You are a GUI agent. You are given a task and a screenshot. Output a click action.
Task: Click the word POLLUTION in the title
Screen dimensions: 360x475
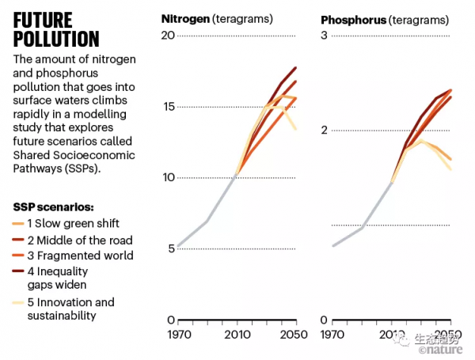(x=56, y=39)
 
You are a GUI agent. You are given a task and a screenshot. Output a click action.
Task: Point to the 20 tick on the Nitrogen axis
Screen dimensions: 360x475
(x=168, y=36)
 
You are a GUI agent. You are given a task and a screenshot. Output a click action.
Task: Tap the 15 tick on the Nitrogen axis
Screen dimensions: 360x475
(x=168, y=107)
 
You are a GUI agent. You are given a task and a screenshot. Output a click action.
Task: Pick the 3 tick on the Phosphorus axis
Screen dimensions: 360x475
(x=324, y=36)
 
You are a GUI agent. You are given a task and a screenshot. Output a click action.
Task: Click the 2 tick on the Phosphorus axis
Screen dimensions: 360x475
(x=324, y=131)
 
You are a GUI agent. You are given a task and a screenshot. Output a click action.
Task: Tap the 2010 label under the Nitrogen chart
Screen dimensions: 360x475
(x=235, y=335)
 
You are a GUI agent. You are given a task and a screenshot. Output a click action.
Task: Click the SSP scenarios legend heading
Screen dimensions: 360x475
(x=53, y=207)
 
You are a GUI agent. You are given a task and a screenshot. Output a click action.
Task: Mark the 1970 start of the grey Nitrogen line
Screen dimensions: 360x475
(x=178, y=247)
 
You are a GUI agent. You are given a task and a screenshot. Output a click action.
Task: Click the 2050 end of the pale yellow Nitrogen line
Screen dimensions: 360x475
(x=295, y=128)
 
